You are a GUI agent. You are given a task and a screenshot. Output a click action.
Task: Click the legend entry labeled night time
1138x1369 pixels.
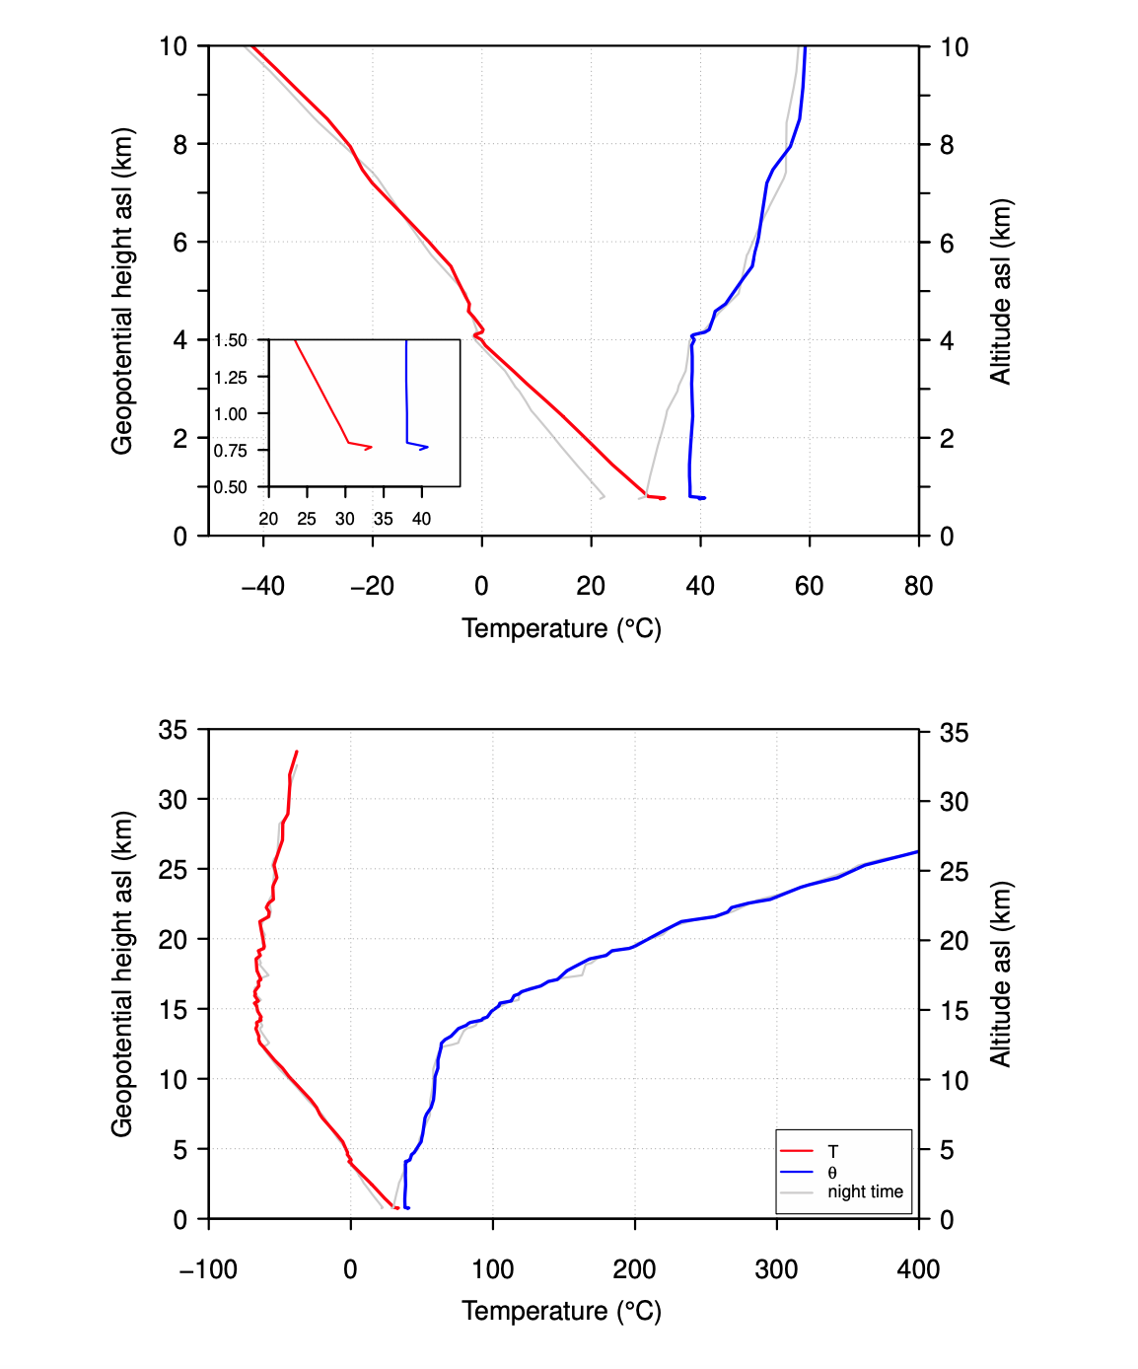[865, 1191]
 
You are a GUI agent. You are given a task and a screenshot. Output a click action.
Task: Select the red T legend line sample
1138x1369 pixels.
[796, 1151]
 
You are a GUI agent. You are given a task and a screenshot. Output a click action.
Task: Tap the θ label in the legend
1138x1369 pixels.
[832, 1173]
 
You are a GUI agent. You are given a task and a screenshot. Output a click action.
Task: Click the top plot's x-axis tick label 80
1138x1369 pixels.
[918, 586]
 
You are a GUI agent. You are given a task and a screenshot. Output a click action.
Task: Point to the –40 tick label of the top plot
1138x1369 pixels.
[262, 586]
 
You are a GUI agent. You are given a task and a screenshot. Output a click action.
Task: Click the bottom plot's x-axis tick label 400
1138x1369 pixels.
[918, 1269]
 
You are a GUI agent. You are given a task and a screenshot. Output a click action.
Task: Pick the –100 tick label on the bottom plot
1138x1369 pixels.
[209, 1269]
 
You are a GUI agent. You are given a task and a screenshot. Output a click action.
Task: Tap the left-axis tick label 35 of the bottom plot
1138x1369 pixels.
[173, 730]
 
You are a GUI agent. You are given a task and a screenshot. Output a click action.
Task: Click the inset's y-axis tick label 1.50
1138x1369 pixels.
[231, 340]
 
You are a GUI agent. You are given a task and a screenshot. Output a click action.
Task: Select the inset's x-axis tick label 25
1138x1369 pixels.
[307, 519]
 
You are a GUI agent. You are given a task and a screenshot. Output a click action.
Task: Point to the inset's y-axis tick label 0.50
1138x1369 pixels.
[231, 487]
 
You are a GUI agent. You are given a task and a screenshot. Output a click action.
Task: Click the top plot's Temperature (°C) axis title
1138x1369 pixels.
[561, 628]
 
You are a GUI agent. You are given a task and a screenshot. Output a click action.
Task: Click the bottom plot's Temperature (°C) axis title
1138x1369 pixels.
[561, 1311]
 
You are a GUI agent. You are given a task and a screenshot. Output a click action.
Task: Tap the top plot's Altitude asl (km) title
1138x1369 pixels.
[1000, 291]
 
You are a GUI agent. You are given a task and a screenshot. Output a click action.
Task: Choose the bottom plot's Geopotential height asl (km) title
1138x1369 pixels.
[121, 974]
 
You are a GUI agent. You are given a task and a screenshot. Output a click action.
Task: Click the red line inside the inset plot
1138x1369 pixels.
[321, 392]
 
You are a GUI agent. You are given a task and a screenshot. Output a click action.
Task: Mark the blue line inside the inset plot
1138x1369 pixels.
[406, 395]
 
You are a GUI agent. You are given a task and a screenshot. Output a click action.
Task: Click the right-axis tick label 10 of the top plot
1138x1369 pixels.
[954, 47]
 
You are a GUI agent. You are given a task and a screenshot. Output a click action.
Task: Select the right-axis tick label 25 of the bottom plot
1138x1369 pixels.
[954, 871]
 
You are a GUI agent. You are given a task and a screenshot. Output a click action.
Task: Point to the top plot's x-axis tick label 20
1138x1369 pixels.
[591, 586]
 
